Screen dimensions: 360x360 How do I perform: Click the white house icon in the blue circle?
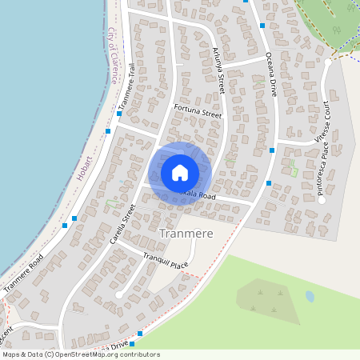180,172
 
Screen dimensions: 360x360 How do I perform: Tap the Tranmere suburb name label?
186,234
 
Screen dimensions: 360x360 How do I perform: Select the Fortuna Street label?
198,113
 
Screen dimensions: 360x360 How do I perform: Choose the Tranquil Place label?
166,259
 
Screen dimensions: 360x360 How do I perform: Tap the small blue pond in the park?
310,296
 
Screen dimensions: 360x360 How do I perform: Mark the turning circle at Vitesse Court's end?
328,62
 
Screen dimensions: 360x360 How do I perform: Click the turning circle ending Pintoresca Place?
322,200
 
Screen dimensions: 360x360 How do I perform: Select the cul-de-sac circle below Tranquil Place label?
119,295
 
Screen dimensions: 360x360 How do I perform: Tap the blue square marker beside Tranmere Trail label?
119,114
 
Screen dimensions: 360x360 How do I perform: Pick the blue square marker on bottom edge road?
140,333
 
